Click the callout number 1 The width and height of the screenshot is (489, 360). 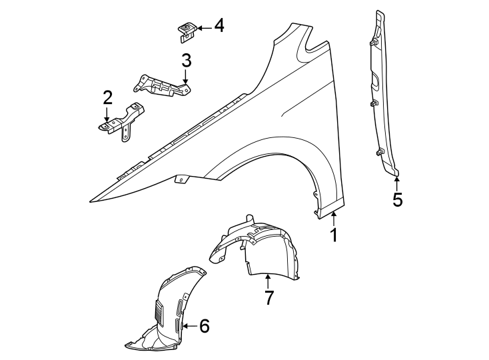coord(334,235)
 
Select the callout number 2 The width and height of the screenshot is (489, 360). coord(107,98)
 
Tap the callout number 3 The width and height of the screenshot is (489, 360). coord(187,61)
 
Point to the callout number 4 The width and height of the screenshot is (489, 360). coord(218,27)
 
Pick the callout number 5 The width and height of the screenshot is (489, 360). coord(398,199)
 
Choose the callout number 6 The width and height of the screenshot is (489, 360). coord(204,326)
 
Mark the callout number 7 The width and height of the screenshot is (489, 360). coord(268,297)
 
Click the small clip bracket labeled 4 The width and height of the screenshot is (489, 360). coord(187,31)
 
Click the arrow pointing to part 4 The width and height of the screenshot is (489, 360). coord(202,27)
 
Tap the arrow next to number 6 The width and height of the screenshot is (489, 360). coord(189,326)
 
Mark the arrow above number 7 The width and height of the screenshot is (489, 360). coord(268,281)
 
